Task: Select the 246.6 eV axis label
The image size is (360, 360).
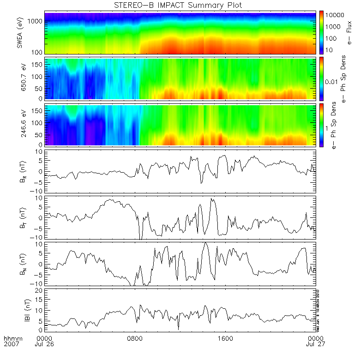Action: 20,125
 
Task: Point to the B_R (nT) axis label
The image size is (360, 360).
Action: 21,170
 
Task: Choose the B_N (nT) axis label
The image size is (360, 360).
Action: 21,263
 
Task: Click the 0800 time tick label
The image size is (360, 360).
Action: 136,338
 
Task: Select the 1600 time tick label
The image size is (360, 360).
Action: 226,338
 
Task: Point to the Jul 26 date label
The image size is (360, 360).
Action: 45,344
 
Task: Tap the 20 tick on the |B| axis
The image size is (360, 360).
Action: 39,290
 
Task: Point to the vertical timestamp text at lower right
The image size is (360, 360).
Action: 318,309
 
